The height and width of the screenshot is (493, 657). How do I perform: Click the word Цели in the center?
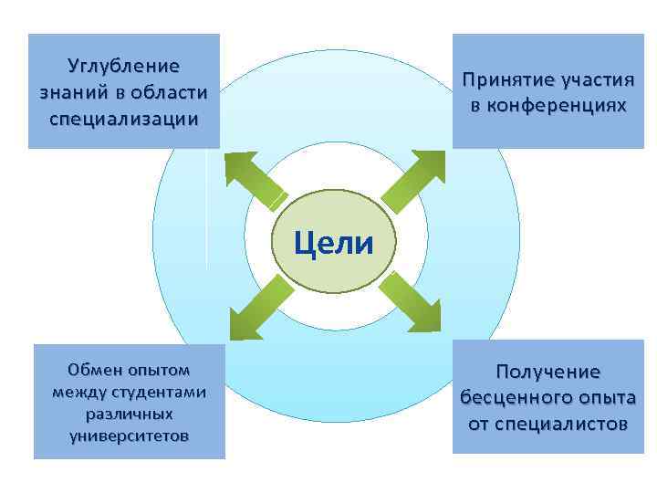point(333,244)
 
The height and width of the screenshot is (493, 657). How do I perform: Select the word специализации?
point(124,119)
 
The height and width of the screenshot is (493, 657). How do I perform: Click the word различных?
point(129,414)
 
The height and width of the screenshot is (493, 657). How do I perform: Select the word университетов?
point(129,435)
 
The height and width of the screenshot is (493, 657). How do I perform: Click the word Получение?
point(547,372)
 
